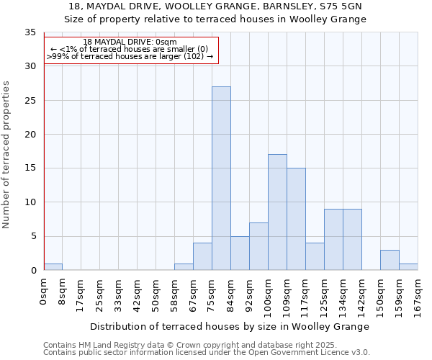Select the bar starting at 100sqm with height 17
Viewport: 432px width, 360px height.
coord(277,212)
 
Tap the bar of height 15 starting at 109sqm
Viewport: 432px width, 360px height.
coord(296,219)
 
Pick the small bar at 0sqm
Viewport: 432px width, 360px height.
coord(53,266)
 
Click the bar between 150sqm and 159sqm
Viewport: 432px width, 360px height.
coord(390,260)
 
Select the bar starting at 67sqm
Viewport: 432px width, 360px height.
coord(202,256)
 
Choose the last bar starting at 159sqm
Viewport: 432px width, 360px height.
coord(408,266)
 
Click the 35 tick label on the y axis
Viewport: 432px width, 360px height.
coord(30,33)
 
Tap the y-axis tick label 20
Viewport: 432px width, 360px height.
coord(30,135)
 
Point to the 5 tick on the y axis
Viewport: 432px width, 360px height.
coord(32,236)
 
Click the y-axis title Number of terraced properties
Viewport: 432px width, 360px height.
coord(6,155)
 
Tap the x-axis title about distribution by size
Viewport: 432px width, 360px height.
coord(230,326)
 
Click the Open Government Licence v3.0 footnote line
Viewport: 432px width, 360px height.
coord(207,353)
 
